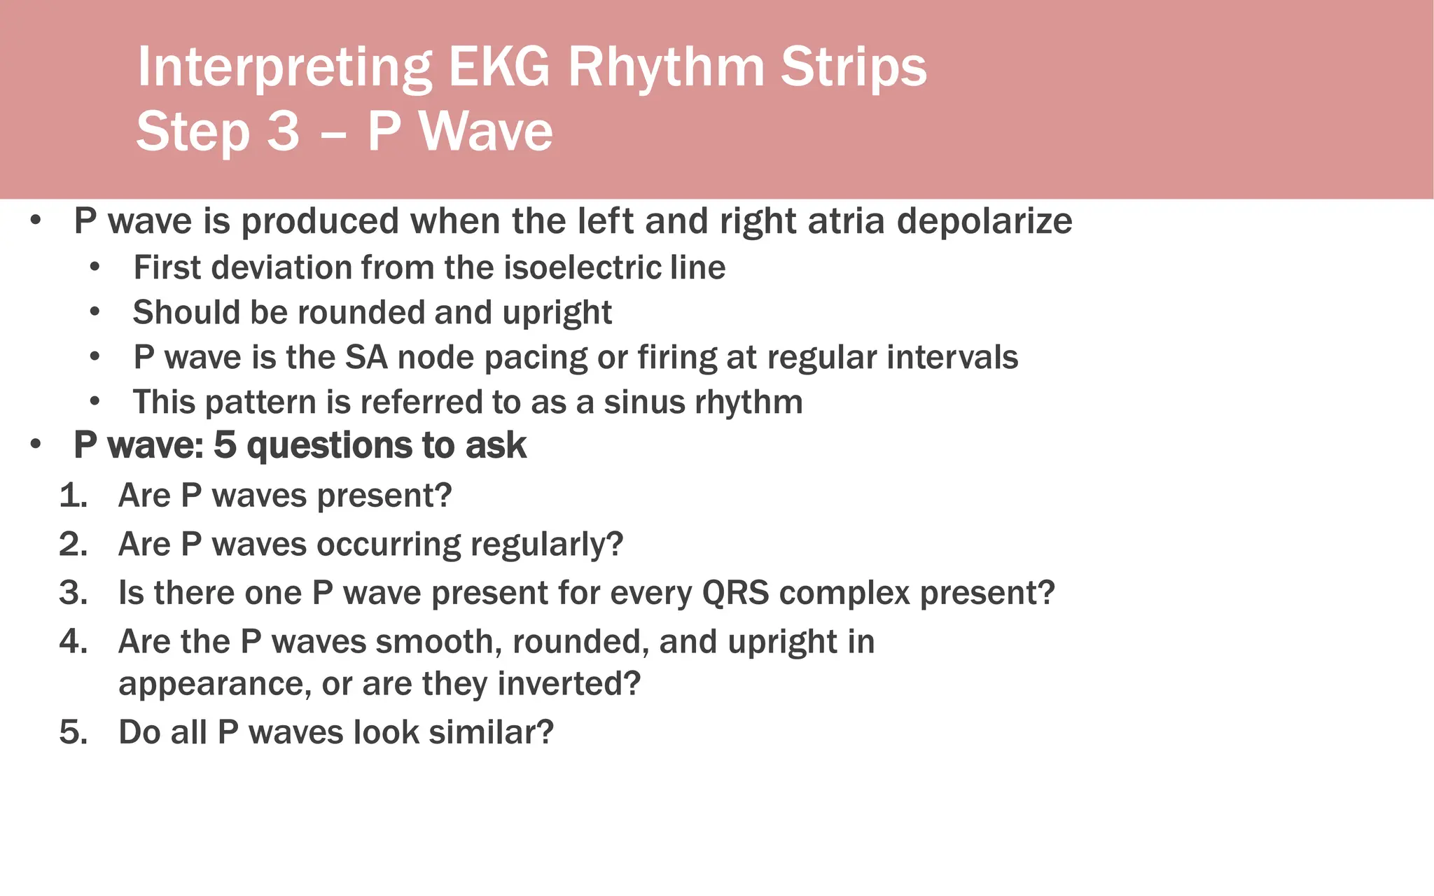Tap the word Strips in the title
click(x=854, y=67)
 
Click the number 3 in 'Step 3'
click(x=283, y=132)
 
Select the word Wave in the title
click(x=486, y=132)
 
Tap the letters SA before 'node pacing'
click(x=366, y=357)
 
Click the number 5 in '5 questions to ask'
click(x=225, y=445)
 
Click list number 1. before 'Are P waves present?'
click(x=73, y=496)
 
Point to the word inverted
click(x=569, y=684)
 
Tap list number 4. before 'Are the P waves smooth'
click(x=73, y=642)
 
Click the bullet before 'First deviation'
click(x=95, y=267)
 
